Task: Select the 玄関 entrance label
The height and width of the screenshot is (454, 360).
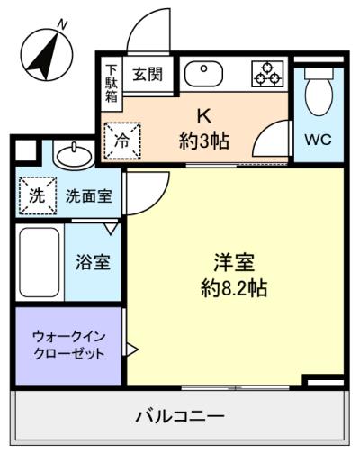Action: click(148, 74)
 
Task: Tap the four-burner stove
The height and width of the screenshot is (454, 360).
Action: click(266, 74)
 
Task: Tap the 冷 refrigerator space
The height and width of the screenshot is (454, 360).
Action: click(121, 139)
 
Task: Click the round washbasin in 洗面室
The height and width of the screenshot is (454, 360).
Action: click(73, 157)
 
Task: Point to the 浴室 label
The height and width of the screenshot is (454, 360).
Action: click(93, 263)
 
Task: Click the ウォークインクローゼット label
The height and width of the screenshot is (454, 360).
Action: click(68, 344)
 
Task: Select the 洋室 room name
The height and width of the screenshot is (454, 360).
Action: click(235, 263)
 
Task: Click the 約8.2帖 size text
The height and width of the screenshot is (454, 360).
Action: click(235, 290)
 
